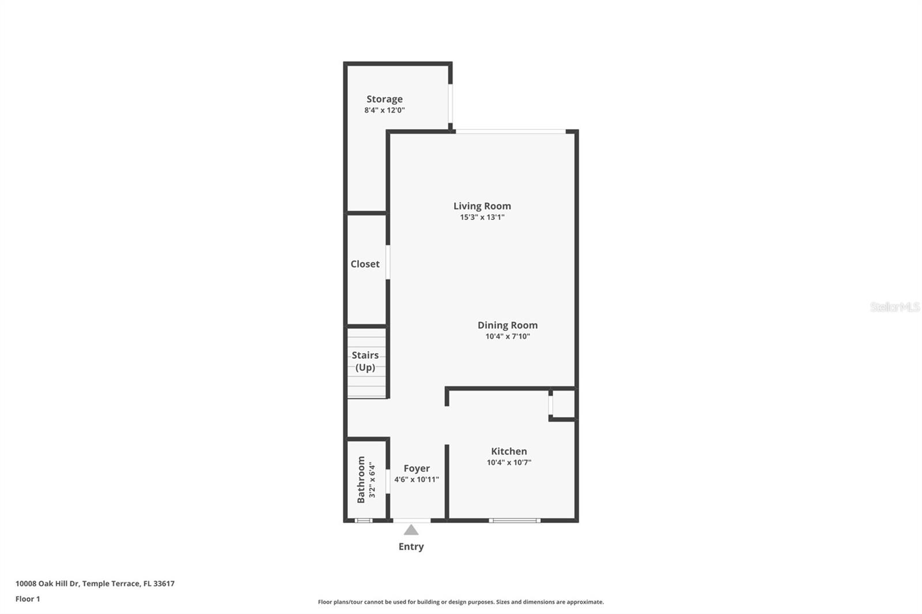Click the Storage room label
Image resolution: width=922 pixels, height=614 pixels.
(384, 99)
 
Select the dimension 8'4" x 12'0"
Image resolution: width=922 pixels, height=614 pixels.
(384, 110)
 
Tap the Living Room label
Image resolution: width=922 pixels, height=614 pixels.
(482, 206)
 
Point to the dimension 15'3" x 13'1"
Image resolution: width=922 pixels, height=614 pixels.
(482, 217)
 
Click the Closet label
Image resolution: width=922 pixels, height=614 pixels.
(365, 264)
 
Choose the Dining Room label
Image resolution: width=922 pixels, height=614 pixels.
(507, 325)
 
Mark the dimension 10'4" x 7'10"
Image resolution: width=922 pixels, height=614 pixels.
(507, 336)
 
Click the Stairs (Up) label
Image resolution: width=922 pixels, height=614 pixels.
(365, 361)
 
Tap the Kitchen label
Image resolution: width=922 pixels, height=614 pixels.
(509, 452)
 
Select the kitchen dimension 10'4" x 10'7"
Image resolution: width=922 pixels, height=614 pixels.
(509, 463)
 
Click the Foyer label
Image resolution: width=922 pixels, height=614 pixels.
(416, 469)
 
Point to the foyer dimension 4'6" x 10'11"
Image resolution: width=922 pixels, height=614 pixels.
(416, 479)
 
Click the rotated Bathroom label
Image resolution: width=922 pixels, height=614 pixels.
(361, 479)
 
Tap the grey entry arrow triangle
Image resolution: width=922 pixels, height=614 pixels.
(411, 530)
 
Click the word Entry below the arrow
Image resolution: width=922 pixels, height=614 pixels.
(411, 547)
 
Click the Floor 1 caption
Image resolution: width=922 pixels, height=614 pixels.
(28, 599)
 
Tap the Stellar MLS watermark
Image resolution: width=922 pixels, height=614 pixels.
(894, 307)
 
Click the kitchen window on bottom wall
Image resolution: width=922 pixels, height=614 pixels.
(515, 520)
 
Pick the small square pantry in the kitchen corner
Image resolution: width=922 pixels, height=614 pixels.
(563, 404)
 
